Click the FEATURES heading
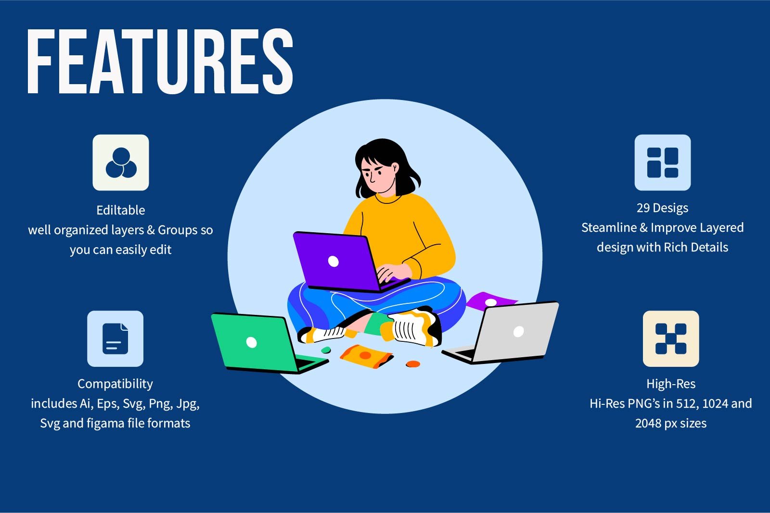[160, 61]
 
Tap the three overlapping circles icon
[121, 163]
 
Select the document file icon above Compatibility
[115, 338]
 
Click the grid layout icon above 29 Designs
[662, 163]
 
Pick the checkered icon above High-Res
[670, 338]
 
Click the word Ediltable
[120, 210]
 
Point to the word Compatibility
[115, 384]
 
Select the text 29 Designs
[662, 208]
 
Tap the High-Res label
[670, 384]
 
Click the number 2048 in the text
[648, 423]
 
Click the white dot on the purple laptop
[333, 261]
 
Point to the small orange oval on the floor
[413, 364]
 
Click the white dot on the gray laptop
[518, 331]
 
